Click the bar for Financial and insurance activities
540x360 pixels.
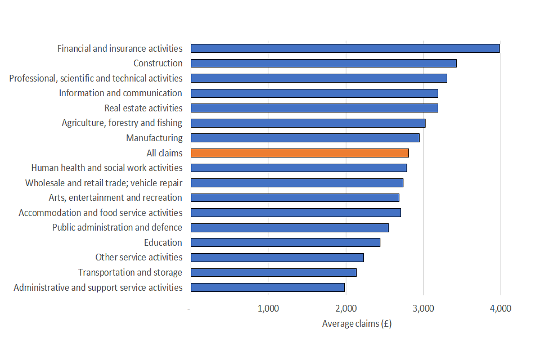coord(345,48)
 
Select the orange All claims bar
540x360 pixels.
coord(300,153)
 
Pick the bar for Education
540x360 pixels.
coord(286,242)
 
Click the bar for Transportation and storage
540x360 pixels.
coord(274,272)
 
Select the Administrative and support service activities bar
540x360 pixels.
coord(268,287)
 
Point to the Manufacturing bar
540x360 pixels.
coord(305,138)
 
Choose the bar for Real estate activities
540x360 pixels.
coord(314,108)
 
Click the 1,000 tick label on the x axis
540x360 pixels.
coord(268,308)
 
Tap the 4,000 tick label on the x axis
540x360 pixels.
coord(500,308)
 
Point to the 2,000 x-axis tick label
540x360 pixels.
coord(345,308)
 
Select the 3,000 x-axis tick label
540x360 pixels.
coord(423,308)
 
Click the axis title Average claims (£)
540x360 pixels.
coord(357,323)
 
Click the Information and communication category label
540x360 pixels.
coord(120,93)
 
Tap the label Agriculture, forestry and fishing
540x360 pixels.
coord(122,123)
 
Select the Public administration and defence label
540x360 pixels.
coord(117,227)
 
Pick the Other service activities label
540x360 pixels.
coord(139,257)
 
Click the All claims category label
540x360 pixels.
coord(164,153)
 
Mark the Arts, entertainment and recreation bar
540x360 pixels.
coord(295,197)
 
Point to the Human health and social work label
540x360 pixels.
coord(107,168)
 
